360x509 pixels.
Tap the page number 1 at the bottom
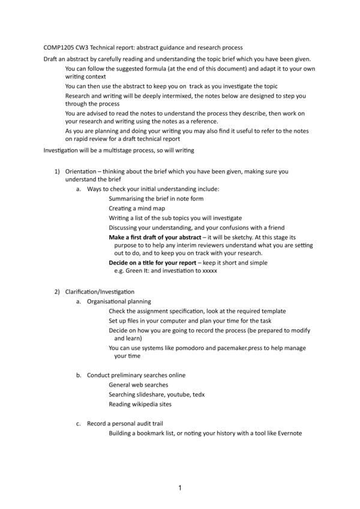click(180, 488)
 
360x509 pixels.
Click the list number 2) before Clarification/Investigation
click(58, 291)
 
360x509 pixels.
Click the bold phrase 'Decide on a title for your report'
click(152, 263)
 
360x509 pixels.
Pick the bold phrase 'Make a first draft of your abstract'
click(155, 237)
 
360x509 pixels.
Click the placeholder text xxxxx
click(205, 271)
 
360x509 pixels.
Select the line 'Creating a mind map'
click(137, 207)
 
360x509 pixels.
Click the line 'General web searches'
click(139, 384)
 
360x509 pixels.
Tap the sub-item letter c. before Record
click(79, 423)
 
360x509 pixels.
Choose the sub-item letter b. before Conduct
click(79, 375)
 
